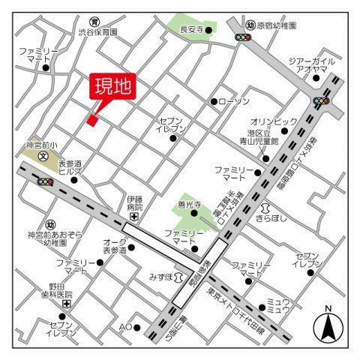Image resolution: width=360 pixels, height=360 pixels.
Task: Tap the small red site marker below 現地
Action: point(92,119)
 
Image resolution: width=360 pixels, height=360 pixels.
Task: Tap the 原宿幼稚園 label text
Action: point(277,25)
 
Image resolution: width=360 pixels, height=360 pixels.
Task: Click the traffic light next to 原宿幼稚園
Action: point(244,37)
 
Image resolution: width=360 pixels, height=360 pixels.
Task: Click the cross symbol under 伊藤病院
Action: point(133,216)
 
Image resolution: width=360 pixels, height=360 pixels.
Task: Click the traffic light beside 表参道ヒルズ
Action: point(44,181)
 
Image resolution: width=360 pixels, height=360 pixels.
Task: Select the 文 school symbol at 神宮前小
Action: point(43,157)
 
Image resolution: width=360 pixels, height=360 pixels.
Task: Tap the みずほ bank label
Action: point(163,276)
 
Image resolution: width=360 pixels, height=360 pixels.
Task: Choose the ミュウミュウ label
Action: point(279,304)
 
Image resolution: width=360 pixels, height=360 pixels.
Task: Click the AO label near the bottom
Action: point(125,327)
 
